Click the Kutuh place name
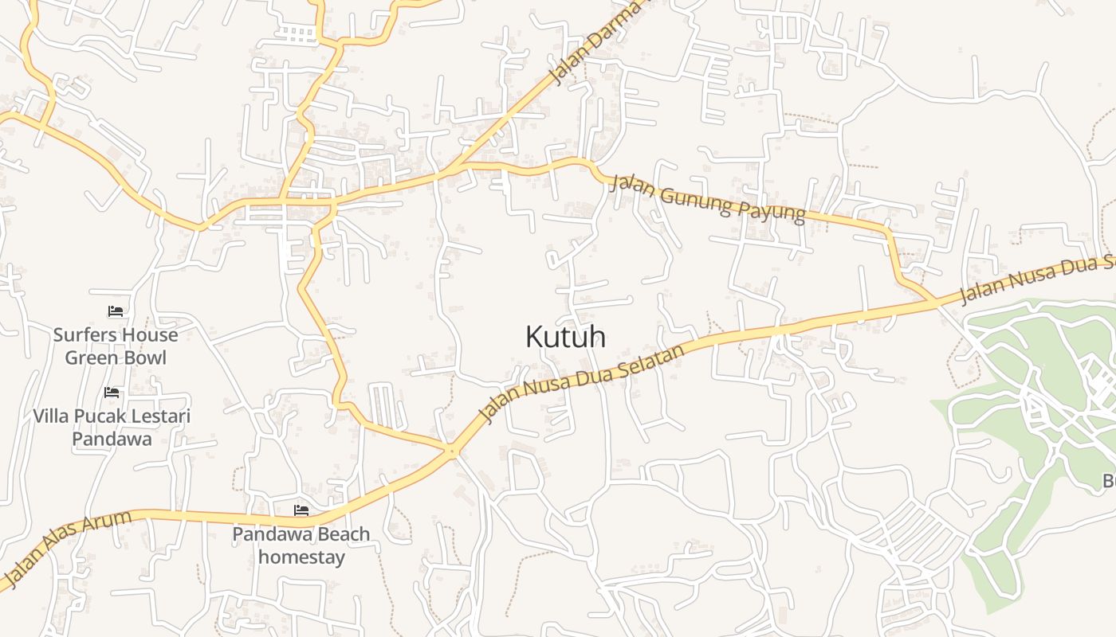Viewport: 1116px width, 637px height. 565,337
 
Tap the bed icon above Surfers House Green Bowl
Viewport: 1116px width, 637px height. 116,311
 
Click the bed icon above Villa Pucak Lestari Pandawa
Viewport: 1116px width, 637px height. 112,393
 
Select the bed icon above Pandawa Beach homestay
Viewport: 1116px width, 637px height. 301,510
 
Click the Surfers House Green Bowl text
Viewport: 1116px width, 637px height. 116,346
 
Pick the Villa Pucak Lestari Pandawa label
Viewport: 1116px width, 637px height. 112,427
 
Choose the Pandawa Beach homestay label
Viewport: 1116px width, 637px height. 301,545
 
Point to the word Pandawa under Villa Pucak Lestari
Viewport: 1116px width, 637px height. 112,439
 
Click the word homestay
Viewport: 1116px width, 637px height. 301,557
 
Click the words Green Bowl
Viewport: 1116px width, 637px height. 116,358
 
